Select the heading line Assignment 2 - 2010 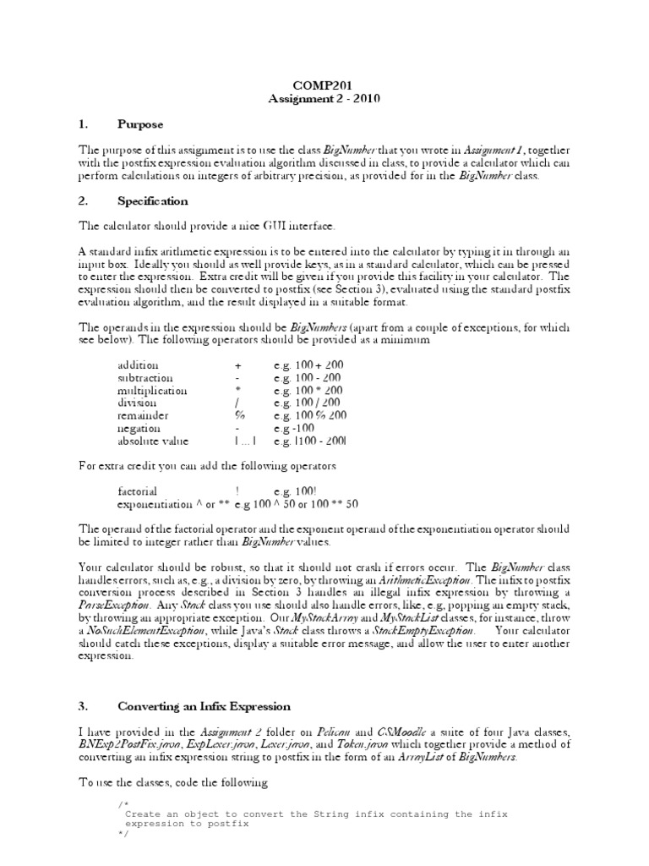click(324, 98)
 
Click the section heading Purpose click(140, 124)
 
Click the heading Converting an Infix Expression click(204, 706)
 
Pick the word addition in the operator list click(138, 364)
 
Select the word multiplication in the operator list click(152, 391)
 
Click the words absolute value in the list click(153, 441)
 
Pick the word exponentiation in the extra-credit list click(155, 505)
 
